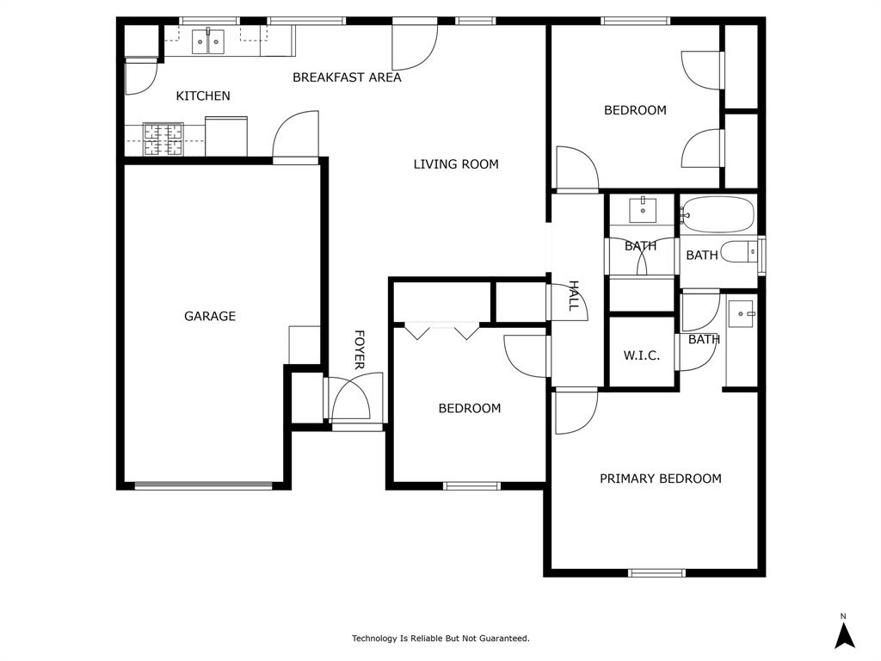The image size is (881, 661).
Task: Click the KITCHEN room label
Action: (203, 96)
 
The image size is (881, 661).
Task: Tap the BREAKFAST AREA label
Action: (347, 77)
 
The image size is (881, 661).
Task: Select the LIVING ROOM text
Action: (456, 164)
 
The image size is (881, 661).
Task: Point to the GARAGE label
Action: (210, 316)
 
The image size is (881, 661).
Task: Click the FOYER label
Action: (360, 349)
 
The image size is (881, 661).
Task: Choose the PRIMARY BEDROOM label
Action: (661, 479)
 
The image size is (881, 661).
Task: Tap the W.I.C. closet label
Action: (642, 355)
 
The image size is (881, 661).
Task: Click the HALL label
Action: (573, 296)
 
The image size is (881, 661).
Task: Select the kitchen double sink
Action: (207, 40)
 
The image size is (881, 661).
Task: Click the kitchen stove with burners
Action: (163, 139)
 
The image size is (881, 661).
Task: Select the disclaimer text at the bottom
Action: (440, 639)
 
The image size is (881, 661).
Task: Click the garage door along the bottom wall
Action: (204, 485)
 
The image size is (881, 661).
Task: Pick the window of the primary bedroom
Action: (656, 572)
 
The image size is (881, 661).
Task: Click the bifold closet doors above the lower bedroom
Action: (442, 330)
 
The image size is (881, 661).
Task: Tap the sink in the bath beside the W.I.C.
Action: (741, 314)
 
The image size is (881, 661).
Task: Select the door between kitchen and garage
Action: (296, 138)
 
